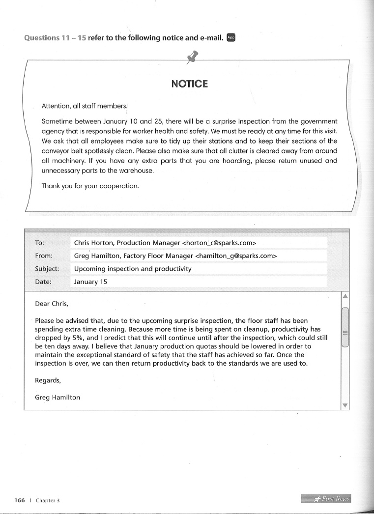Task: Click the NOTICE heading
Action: click(189, 84)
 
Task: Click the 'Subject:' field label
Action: click(47, 269)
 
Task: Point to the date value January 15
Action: click(90, 282)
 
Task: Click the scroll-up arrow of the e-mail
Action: click(345, 296)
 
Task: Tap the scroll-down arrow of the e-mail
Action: click(345, 405)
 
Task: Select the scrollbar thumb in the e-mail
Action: click(345, 327)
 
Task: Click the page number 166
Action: click(20, 500)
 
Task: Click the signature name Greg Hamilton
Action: click(58, 398)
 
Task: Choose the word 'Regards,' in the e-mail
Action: click(48, 380)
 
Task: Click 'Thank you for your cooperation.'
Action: click(90, 186)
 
